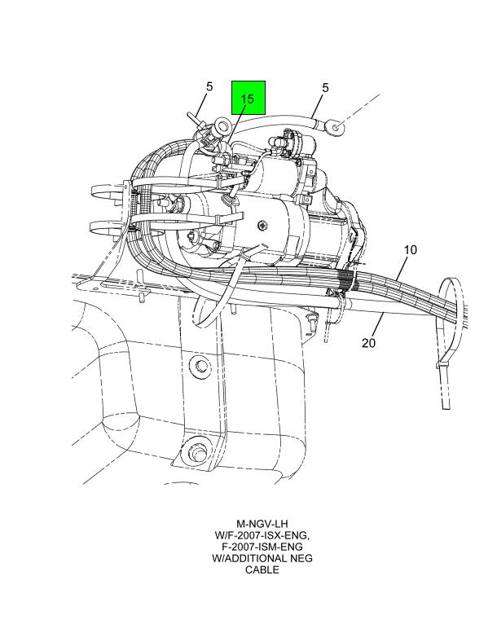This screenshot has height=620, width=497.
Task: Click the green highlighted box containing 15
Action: pyautogui.click(x=248, y=98)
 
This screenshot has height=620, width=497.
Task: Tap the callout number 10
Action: pyautogui.click(x=411, y=250)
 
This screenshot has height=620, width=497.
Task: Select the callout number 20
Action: pyautogui.click(x=368, y=343)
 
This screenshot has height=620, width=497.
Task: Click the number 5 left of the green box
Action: pyautogui.click(x=209, y=86)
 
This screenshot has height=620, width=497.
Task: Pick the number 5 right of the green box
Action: pyautogui.click(x=325, y=88)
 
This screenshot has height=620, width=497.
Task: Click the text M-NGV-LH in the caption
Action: pyautogui.click(x=262, y=524)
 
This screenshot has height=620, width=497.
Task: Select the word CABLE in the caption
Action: pyautogui.click(x=262, y=569)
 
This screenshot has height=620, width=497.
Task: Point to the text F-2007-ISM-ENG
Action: pyautogui.click(x=262, y=547)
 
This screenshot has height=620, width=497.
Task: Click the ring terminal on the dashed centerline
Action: pyautogui.click(x=336, y=127)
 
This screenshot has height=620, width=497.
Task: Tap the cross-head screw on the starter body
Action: pyautogui.click(x=263, y=226)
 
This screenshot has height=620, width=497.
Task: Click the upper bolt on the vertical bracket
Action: pyautogui.click(x=200, y=364)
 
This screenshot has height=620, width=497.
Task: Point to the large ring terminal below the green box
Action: pyautogui.click(x=223, y=126)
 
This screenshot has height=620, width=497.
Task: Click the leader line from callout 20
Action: pyautogui.click(x=377, y=324)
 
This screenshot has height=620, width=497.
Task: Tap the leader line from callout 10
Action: pyautogui.click(x=401, y=269)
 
